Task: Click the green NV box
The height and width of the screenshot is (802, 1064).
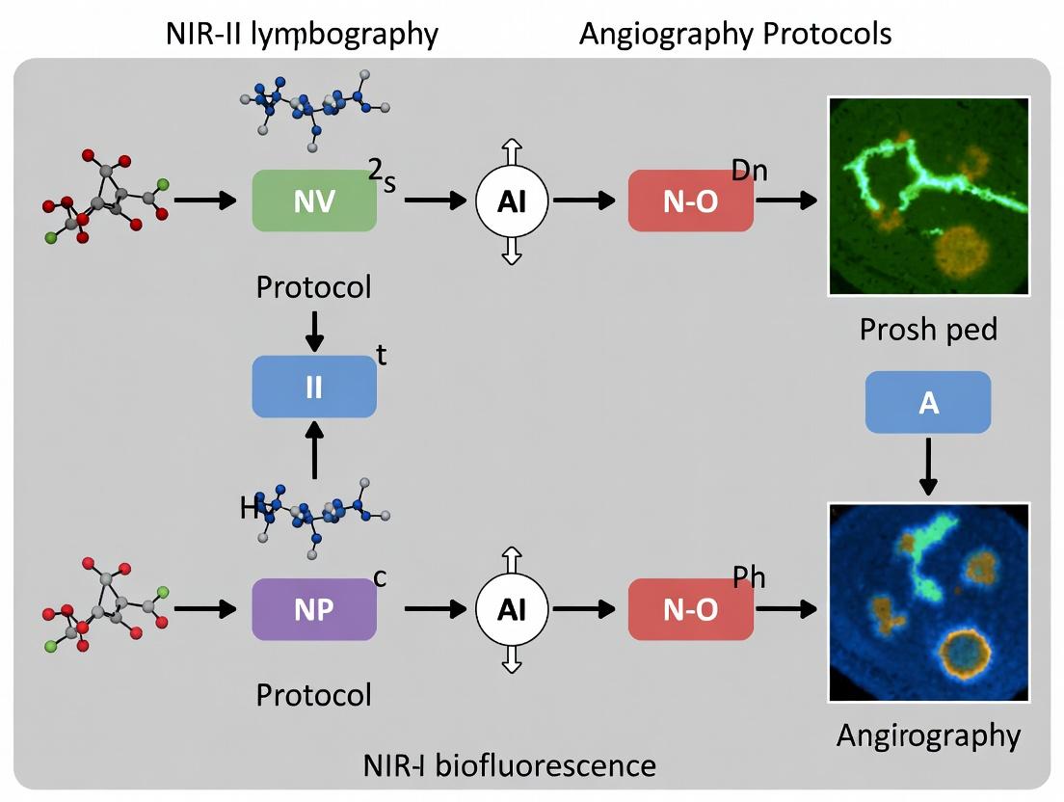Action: tap(313, 200)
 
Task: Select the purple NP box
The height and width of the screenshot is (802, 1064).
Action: tap(313, 610)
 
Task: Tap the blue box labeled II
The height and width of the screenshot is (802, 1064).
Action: tap(313, 387)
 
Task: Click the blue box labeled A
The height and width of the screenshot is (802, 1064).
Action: tap(928, 402)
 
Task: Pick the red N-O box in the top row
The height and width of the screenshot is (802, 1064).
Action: tap(690, 200)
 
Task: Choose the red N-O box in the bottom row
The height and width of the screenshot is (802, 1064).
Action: tap(690, 610)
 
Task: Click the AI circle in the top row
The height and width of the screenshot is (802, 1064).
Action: tap(512, 200)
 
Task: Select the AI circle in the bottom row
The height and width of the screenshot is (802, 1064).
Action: tap(512, 610)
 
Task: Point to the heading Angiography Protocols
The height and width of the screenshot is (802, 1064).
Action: tap(734, 35)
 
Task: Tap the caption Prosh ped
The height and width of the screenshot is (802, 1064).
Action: tap(927, 330)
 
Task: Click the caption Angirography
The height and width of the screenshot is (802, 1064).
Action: tap(927, 735)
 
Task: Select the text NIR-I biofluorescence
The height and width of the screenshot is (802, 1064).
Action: tap(510, 766)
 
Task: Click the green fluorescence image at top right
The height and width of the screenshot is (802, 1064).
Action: tap(929, 195)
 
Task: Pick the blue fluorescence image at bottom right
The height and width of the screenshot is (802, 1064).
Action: tap(929, 601)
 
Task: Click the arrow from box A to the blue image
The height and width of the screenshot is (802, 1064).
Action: tap(928, 467)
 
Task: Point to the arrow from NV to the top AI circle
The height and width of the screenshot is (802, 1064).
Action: tap(434, 200)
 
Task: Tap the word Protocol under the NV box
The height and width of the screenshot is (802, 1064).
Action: tap(313, 287)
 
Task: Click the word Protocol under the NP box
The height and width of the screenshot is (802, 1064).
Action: tap(313, 694)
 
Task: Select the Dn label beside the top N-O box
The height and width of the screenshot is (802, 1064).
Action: tap(749, 171)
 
